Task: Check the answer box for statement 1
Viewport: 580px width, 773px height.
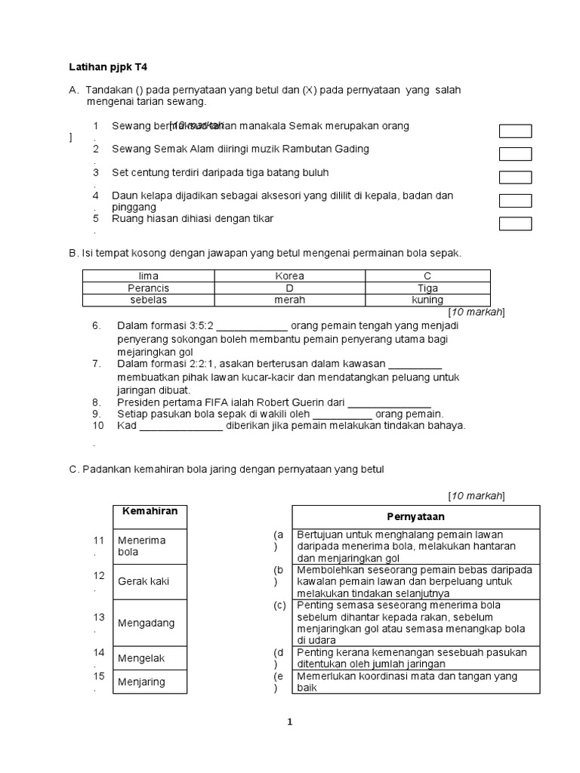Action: [516, 131]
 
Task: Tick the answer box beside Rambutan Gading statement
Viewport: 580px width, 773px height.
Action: [516, 154]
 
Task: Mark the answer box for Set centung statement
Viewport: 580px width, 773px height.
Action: [516, 177]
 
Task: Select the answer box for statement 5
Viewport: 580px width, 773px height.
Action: [516, 223]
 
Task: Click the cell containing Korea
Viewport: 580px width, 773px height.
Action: [290, 276]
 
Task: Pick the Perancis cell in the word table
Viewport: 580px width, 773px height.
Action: [149, 288]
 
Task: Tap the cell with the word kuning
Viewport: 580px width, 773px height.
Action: [427, 300]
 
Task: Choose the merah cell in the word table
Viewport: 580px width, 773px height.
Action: [290, 300]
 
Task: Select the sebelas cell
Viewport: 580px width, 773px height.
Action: [149, 300]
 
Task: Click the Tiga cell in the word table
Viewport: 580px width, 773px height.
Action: [427, 288]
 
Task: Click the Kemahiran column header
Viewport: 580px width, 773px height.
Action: [150, 512]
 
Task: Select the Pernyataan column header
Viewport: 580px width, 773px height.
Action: [415, 517]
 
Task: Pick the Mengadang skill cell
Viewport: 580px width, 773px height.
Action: [150, 623]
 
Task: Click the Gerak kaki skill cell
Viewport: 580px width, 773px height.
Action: [150, 582]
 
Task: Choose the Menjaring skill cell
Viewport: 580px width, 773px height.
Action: [150, 682]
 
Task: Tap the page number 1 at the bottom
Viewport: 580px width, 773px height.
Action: [289, 722]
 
